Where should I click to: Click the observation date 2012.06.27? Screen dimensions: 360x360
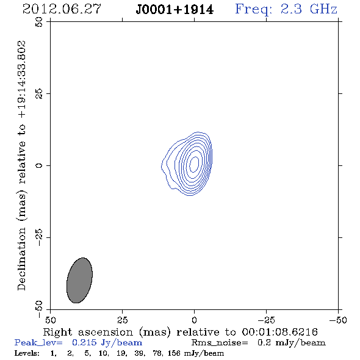(x=62, y=9)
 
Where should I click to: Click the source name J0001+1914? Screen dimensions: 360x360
(x=175, y=10)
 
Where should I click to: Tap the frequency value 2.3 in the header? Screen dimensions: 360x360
(x=291, y=9)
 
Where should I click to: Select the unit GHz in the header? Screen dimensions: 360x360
(x=323, y=9)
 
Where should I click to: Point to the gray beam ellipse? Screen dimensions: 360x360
(x=79, y=280)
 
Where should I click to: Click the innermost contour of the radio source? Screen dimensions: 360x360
(x=190, y=164)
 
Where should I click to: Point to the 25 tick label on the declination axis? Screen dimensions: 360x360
(x=39, y=93)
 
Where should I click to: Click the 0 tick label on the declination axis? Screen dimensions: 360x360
(x=39, y=165)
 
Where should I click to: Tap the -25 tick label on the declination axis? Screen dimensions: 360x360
(x=39, y=237)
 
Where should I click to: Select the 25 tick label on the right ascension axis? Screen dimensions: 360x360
(x=122, y=320)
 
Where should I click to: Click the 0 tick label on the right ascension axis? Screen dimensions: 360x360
(x=194, y=320)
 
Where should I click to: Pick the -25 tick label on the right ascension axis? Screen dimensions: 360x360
(x=266, y=320)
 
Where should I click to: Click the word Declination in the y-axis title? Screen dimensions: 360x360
(x=21, y=259)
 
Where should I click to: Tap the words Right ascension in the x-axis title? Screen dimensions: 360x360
(x=88, y=332)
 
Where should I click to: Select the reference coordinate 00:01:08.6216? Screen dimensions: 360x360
(x=280, y=332)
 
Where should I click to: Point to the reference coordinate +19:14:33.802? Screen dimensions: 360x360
(x=21, y=79)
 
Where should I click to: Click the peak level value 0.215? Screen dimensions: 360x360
(x=84, y=342)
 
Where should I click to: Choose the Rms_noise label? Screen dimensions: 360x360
(x=220, y=343)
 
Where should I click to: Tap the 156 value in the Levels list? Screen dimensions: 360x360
(x=174, y=353)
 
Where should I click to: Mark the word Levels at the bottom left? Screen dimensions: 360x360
(x=27, y=353)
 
